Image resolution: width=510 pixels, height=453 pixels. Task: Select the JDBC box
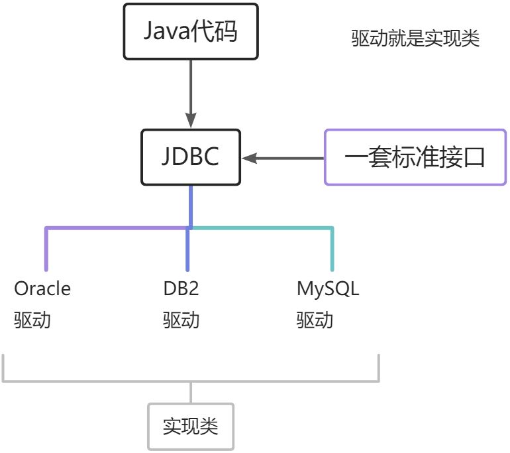tap(191, 158)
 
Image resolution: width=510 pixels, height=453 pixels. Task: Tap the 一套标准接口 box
tap(415, 158)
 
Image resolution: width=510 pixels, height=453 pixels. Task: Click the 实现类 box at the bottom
tap(191, 426)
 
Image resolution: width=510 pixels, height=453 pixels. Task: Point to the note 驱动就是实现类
tap(415, 38)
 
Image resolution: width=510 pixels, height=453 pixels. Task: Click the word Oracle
tap(42, 289)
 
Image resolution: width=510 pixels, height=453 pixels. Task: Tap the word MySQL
tap(328, 289)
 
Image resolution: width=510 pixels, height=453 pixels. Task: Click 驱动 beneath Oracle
tap(32, 320)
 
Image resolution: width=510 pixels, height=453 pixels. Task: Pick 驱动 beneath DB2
tap(181, 320)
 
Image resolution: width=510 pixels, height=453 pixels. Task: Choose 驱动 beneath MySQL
tap(315, 320)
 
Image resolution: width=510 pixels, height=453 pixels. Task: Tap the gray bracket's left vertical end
tap(5, 368)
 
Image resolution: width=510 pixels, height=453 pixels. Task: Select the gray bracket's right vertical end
tap(379, 368)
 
